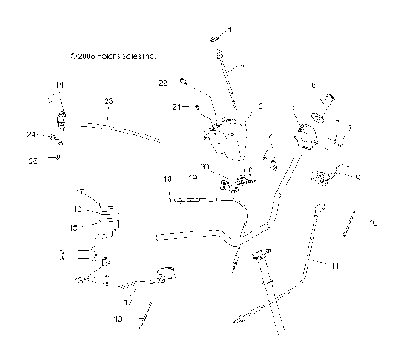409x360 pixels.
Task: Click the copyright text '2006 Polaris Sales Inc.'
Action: [x=114, y=56]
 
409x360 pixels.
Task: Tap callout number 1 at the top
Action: [x=228, y=30]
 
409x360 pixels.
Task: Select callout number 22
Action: [x=163, y=83]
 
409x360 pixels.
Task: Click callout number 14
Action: [x=60, y=84]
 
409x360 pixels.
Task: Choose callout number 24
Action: [x=31, y=134]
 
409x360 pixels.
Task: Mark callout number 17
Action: [x=79, y=191]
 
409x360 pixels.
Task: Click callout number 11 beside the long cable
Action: [x=335, y=266]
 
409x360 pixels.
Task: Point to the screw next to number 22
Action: [x=182, y=82]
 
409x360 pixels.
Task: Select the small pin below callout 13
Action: [x=146, y=312]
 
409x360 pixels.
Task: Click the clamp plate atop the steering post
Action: [x=261, y=254]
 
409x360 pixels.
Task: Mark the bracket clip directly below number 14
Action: [x=60, y=117]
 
